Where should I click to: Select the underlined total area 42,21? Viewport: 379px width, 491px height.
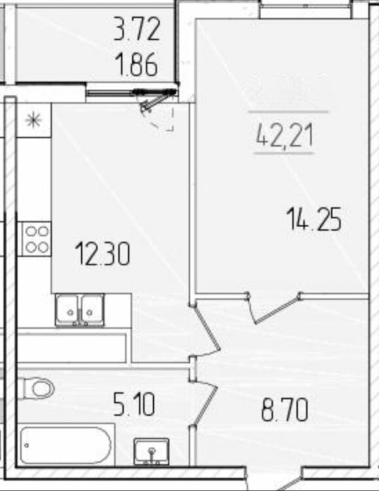pyautogui.click(x=285, y=136)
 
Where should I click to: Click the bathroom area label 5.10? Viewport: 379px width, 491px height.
pyautogui.click(x=134, y=405)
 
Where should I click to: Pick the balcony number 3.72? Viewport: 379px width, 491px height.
pyautogui.click(x=137, y=29)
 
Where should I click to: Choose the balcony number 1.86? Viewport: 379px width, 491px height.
pyautogui.click(x=136, y=65)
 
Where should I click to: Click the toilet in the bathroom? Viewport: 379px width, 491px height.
pyautogui.click(x=37, y=389)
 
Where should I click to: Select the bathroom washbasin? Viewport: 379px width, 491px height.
pyautogui.click(x=152, y=451)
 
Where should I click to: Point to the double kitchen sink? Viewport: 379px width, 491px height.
pyautogui.click(x=80, y=310)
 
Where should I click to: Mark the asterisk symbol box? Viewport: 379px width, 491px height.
pyautogui.click(x=34, y=120)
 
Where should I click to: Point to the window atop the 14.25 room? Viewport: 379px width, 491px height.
pyautogui.click(x=306, y=9)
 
